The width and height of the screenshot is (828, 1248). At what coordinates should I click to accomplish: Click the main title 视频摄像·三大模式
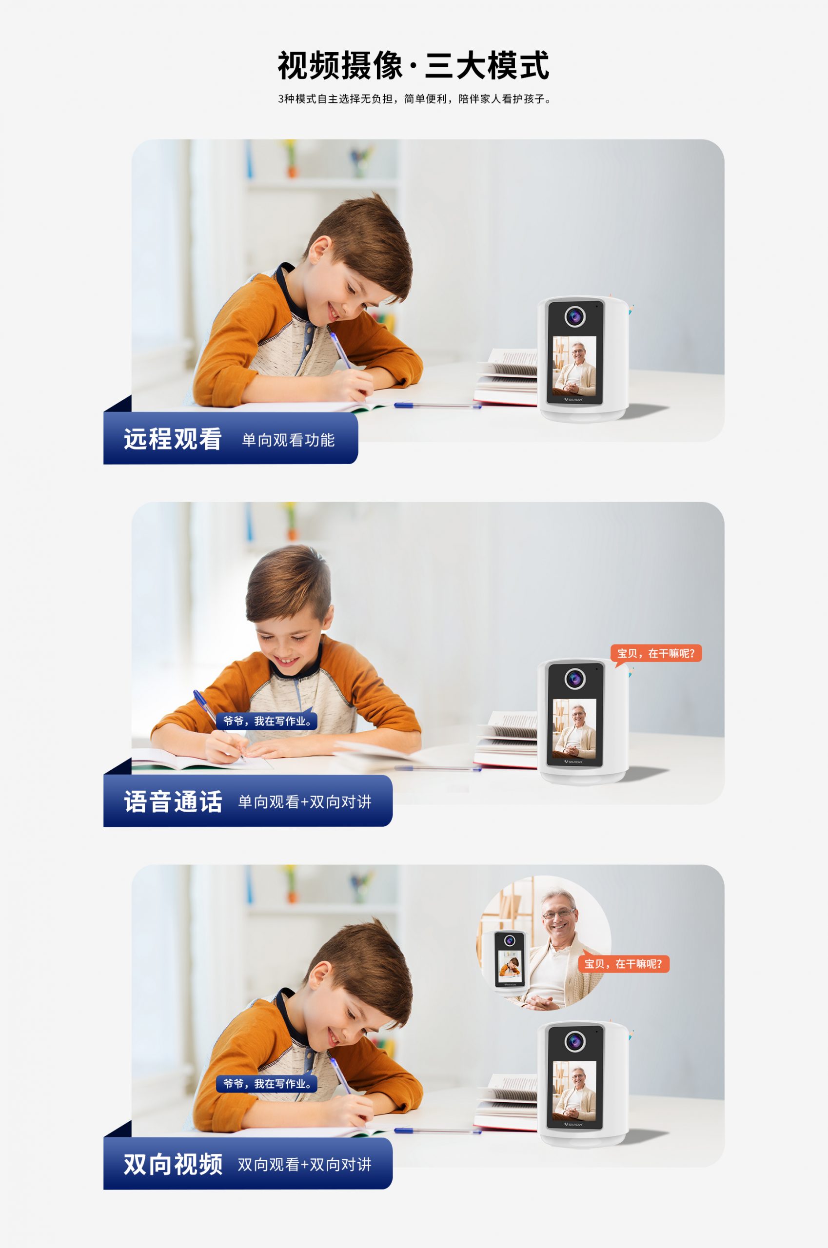click(414, 65)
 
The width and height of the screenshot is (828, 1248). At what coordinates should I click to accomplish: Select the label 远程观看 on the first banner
click(172, 439)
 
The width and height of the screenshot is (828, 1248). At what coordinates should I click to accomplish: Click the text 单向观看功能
click(288, 440)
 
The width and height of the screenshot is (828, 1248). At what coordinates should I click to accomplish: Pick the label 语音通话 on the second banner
click(173, 801)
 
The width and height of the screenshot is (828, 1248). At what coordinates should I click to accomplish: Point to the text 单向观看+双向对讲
click(305, 802)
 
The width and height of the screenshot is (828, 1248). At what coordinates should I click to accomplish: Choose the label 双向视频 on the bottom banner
click(173, 1164)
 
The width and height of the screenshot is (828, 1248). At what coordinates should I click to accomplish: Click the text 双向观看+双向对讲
click(305, 1165)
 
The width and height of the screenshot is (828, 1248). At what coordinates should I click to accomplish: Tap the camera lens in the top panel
click(575, 316)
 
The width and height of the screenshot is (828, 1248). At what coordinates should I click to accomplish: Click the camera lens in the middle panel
click(575, 679)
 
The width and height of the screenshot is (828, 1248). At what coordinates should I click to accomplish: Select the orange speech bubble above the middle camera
click(656, 654)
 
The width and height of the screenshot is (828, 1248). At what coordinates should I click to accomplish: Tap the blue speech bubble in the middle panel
click(267, 721)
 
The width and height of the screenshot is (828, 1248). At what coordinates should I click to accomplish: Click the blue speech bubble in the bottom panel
click(267, 1084)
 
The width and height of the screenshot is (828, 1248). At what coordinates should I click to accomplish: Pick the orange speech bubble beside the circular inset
click(624, 964)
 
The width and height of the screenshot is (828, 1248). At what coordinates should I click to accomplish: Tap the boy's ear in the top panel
click(320, 250)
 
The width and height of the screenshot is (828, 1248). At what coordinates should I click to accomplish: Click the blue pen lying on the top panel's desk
click(437, 406)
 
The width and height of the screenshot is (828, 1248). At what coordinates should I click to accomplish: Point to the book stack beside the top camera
click(506, 377)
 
